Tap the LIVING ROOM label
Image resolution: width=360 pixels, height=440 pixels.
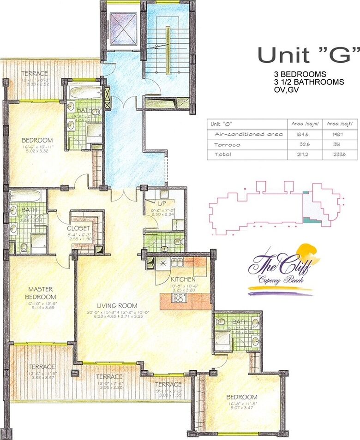coord(117,305)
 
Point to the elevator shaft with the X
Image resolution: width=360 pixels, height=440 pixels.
coord(121,29)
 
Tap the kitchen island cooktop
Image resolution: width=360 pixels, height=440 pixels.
coord(178,298)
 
